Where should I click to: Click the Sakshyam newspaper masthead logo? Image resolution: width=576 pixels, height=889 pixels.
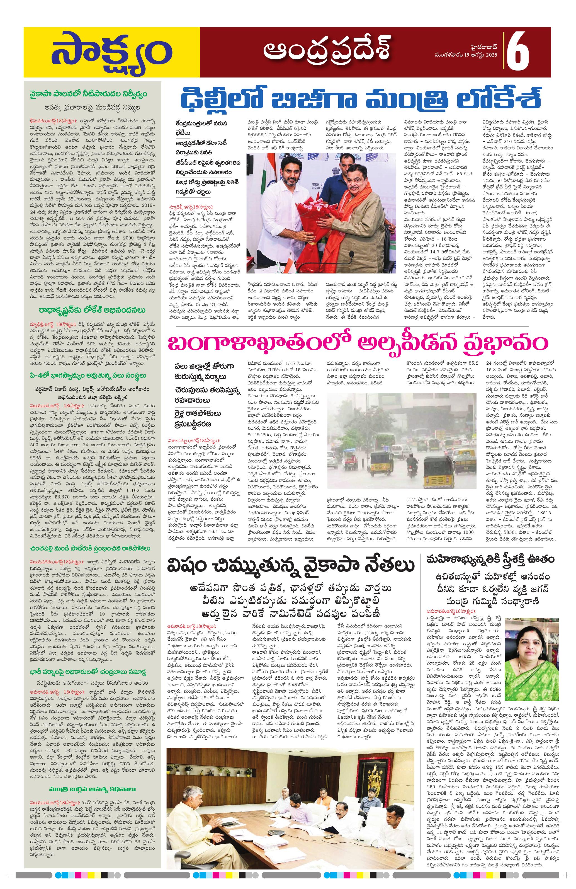pyautogui.click(x=111, y=52)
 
